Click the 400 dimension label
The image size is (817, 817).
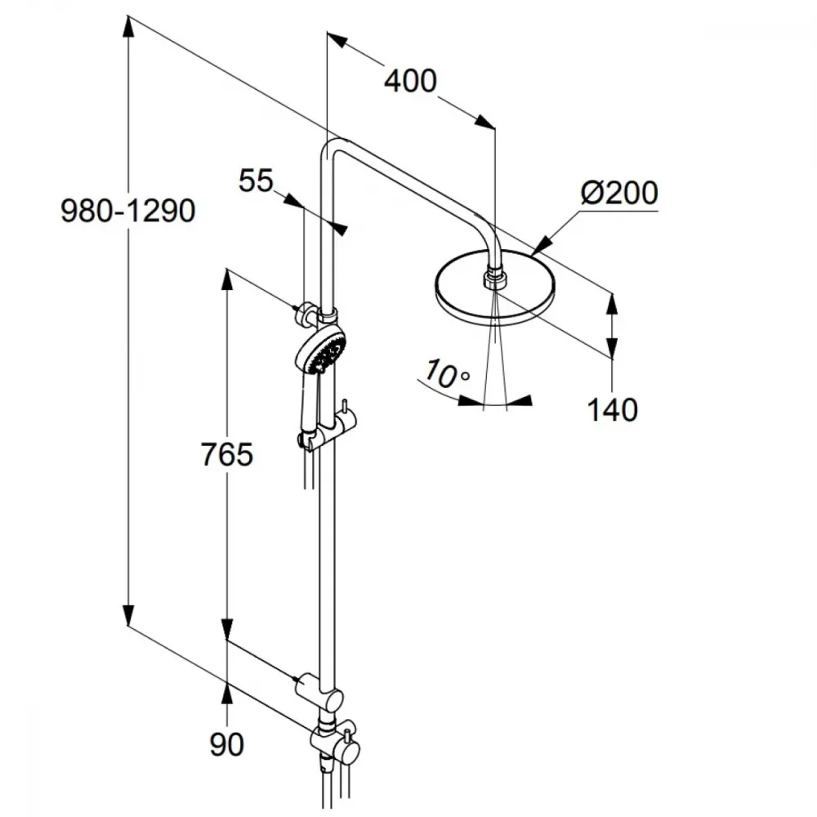click(411, 81)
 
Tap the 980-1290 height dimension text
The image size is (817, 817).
click(128, 211)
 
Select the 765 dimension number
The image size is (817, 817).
click(226, 454)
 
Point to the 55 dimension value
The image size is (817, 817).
click(256, 181)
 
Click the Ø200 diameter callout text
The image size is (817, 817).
click(619, 193)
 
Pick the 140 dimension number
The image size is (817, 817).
click(612, 409)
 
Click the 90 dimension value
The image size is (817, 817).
click(226, 744)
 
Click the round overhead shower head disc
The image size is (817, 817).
click(495, 288)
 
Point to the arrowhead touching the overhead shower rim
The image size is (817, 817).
click(542, 246)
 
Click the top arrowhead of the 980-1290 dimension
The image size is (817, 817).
click(128, 27)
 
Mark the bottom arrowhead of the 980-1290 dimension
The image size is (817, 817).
click(128, 615)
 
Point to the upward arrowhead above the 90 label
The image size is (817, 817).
click(226, 693)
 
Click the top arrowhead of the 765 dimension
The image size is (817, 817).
click(226, 279)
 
